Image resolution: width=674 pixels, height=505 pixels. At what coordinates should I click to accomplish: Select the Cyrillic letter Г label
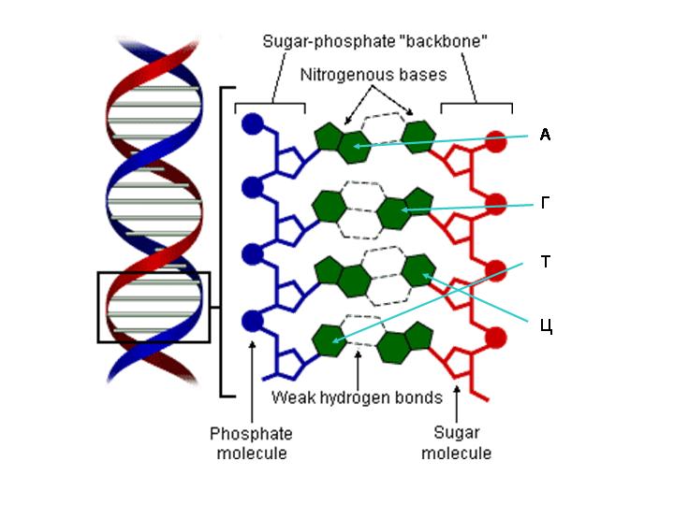[546, 202]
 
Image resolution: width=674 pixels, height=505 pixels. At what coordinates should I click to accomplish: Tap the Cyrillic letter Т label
[546, 262]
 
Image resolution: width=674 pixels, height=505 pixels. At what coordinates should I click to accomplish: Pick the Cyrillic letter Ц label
[548, 326]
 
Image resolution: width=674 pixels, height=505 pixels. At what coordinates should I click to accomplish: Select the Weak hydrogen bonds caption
[357, 397]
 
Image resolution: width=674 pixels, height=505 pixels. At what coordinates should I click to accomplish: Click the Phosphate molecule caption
[251, 443]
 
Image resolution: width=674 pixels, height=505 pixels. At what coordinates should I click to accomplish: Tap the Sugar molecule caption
[456, 443]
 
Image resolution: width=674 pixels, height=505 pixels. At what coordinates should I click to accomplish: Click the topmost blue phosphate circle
[251, 123]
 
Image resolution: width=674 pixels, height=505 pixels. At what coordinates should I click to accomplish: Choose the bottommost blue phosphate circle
[251, 321]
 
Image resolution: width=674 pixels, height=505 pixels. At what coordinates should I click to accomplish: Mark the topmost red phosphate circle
[496, 141]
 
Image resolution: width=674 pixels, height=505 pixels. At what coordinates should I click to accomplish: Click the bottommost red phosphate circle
[496, 338]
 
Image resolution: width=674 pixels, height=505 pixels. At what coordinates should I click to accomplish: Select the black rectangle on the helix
[154, 307]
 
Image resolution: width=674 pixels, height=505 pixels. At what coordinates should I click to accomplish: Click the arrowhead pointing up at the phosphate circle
[252, 344]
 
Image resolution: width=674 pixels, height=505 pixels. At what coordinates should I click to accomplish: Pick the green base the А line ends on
[356, 145]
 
